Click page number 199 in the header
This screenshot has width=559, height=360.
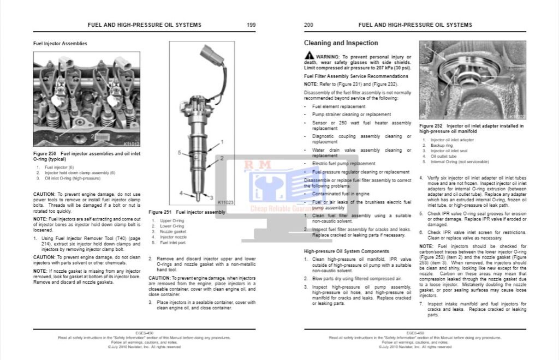tap(252, 25)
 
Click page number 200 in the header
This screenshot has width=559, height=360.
tap(308, 25)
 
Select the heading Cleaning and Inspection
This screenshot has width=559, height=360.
tap(341, 43)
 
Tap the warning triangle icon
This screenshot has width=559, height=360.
tap(309, 56)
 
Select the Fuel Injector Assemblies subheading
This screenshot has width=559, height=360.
tap(60, 43)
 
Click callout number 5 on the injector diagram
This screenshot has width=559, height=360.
tap(179, 153)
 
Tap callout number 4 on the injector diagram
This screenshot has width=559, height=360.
tap(181, 193)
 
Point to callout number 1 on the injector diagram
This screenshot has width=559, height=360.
tap(222, 141)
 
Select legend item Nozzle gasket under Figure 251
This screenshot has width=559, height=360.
tap(173, 232)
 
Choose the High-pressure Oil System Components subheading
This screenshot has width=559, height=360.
tap(347, 251)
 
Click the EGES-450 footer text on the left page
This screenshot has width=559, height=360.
tap(144, 333)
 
